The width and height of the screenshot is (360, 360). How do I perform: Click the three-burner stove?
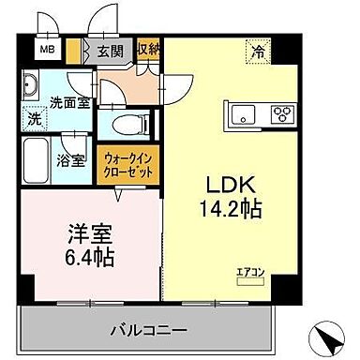[281, 116]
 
